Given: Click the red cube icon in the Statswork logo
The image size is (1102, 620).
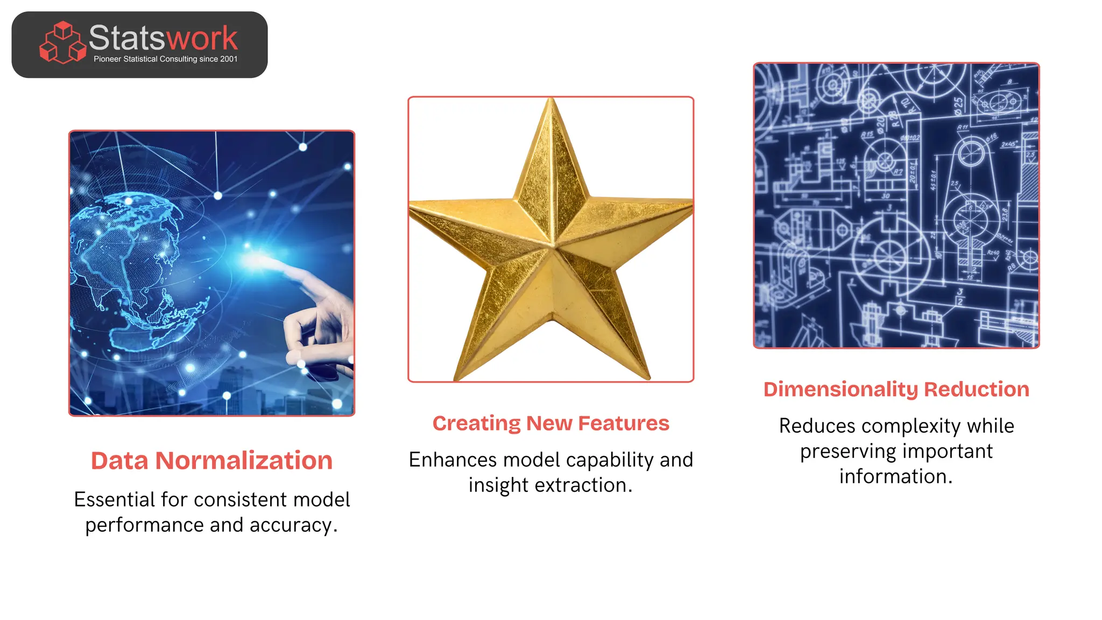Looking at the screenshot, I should click(x=62, y=43).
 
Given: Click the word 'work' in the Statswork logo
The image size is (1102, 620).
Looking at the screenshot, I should click(x=202, y=38).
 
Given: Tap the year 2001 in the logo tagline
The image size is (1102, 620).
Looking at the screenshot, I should click(x=229, y=59).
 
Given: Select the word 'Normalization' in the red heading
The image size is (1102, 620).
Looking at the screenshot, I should click(x=244, y=461).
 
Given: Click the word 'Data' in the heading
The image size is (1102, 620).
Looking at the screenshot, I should click(x=119, y=461).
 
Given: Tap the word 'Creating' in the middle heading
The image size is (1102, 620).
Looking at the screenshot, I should click(x=476, y=424).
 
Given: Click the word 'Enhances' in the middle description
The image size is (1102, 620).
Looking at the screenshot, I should click(x=453, y=460).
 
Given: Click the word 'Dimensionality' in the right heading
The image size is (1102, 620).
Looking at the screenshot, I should click(x=840, y=390).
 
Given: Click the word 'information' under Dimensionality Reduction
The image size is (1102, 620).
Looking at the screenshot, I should click(x=893, y=477).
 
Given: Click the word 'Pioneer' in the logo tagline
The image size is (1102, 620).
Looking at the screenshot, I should click(x=107, y=59).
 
